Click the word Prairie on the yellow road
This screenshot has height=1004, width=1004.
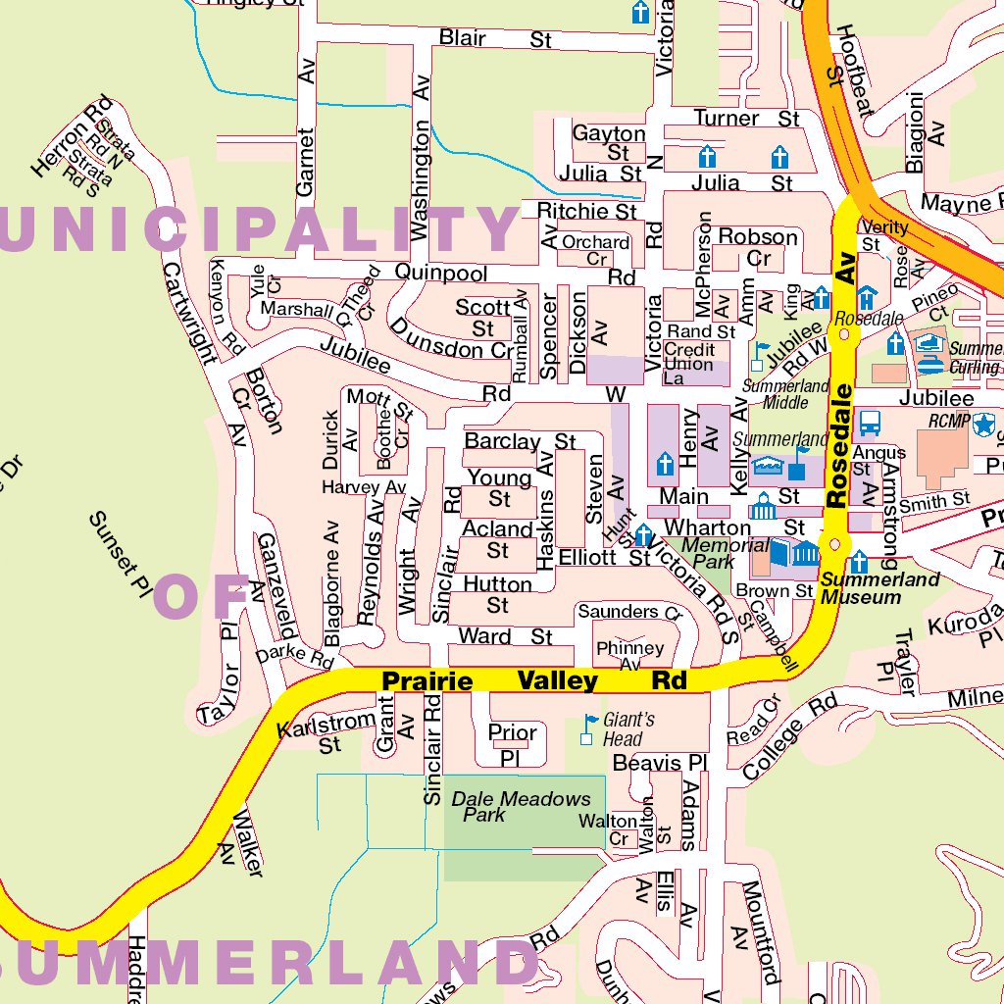click(427, 680)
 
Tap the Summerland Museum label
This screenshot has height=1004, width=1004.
click(861, 588)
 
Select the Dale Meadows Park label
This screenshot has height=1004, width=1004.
click(521, 806)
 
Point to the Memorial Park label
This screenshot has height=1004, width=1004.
click(725, 553)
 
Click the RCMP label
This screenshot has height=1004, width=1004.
click(948, 422)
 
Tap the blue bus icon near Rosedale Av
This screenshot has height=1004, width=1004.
click(869, 423)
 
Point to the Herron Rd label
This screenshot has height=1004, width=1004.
click(71, 138)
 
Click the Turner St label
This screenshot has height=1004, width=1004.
click(746, 119)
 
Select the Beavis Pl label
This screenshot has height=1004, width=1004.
click(659, 763)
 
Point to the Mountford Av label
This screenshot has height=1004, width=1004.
click(759, 930)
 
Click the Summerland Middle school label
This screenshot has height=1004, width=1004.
click(785, 394)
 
